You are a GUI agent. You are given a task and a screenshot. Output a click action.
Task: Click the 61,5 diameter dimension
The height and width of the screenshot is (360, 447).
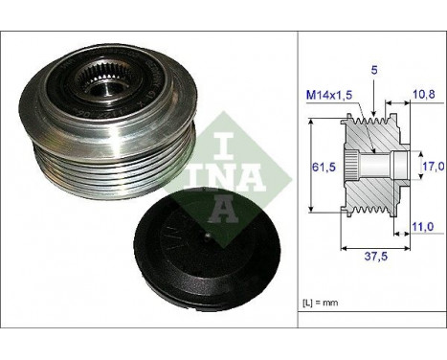click(x=326, y=166)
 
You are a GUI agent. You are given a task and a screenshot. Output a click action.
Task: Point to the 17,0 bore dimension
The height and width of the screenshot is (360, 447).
click(x=435, y=166)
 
